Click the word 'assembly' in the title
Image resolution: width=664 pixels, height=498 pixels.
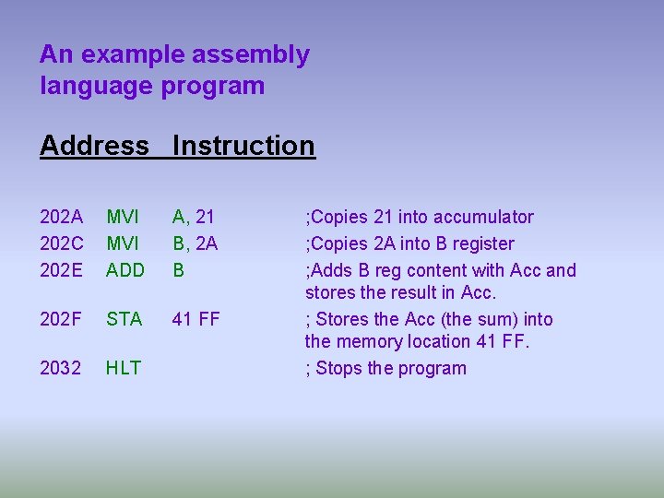coord(251,55)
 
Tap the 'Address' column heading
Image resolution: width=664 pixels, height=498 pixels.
coord(94,146)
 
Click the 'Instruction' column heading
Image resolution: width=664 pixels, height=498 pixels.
coord(243,146)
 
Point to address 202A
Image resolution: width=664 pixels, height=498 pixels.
coord(61,217)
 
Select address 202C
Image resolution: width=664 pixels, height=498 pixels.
coord(61,243)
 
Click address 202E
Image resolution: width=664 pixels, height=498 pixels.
coord(61,270)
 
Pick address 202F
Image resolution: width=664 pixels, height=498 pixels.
coord(61,319)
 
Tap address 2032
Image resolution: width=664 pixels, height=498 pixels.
coord(61,368)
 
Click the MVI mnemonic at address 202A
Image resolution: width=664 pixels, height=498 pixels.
coord(123,217)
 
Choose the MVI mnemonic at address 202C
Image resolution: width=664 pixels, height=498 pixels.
coord(123,243)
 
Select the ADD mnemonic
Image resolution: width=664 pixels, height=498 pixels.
coord(125,270)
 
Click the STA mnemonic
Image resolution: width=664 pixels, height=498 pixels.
coord(124,319)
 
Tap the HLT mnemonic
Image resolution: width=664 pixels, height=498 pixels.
coord(123,368)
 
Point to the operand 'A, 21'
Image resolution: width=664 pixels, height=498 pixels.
coord(194,217)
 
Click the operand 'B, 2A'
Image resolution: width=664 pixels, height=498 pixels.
coord(195,243)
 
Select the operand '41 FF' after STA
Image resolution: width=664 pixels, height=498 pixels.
coord(196,319)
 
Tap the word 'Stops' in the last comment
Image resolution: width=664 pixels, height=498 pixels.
coord(339,369)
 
